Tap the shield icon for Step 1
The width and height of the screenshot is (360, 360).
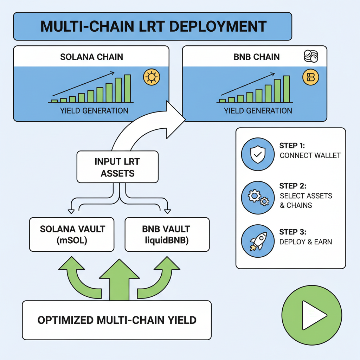(x=258, y=154)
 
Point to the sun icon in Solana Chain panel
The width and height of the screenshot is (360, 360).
(x=152, y=77)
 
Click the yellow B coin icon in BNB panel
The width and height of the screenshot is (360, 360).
(x=310, y=77)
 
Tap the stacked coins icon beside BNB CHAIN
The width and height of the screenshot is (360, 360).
(x=310, y=56)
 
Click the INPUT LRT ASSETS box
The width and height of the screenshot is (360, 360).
(x=117, y=167)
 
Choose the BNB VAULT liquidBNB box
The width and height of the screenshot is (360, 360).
(x=167, y=234)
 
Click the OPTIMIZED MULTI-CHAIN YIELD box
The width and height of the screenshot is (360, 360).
(x=117, y=320)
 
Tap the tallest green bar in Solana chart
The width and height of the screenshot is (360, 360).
(x=127, y=89)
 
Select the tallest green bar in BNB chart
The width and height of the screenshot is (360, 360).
(x=287, y=89)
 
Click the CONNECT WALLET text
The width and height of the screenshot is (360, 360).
(x=310, y=155)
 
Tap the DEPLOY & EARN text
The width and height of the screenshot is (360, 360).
(x=306, y=242)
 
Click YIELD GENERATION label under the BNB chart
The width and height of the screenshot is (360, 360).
(x=258, y=111)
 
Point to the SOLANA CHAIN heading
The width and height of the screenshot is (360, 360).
(x=92, y=57)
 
